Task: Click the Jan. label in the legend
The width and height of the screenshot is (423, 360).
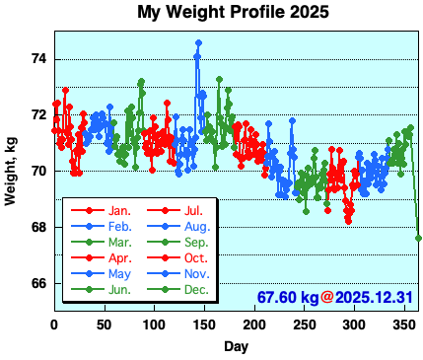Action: (120, 210)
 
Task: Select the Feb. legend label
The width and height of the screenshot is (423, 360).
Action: (120, 226)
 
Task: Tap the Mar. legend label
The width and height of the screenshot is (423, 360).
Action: (120, 242)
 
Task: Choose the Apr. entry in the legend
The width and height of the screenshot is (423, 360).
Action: (120, 257)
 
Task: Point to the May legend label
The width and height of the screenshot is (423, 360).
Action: (120, 273)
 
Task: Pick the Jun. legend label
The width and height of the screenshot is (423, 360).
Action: (120, 289)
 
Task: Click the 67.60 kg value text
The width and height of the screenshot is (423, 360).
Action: (287, 297)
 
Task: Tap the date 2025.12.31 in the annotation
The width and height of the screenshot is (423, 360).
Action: (376, 297)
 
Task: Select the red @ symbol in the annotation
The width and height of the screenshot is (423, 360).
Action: (327, 297)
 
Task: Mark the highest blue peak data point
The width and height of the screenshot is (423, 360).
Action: (198, 43)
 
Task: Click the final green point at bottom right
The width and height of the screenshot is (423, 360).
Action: (418, 238)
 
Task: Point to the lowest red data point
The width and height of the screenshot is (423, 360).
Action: (348, 220)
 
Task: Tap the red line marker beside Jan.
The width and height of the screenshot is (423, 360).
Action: (88, 210)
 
